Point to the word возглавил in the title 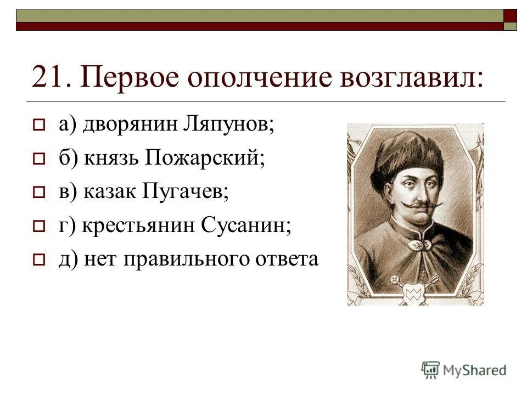[411, 77]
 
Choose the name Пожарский [205, 159]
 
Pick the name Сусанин [247, 225]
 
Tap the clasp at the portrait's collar [416, 241]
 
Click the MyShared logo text [475, 370]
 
